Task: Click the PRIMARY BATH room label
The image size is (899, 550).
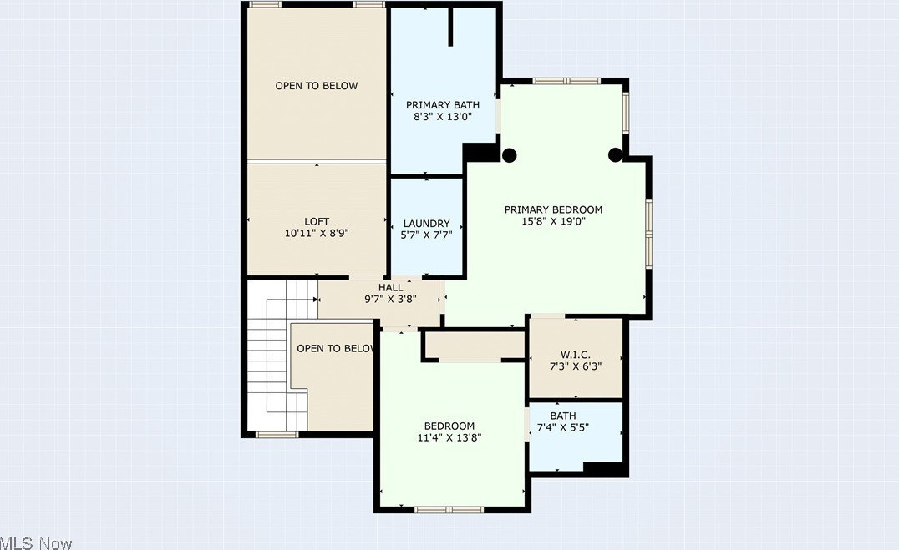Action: coord(443,105)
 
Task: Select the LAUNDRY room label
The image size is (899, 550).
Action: coord(427,224)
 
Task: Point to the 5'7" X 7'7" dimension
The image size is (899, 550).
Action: coord(427,235)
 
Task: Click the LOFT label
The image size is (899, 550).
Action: coord(317,222)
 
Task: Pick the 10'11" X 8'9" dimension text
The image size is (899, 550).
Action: coord(317,233)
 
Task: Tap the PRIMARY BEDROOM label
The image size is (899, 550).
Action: coord(553,209)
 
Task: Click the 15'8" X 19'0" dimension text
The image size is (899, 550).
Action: coord(553,222)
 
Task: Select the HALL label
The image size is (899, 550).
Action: coord(390,287)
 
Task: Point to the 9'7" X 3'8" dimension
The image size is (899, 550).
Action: coord(390,299)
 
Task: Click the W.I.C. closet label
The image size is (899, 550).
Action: coord(576,355)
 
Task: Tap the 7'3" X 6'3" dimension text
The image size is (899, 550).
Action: coord(576,366)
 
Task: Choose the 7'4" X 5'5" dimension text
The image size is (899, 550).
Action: coord(563,427)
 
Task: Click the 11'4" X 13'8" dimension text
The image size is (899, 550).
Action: coord(450,438)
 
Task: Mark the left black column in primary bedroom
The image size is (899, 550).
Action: coord(509,155)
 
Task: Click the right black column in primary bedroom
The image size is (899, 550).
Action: coord(615,154)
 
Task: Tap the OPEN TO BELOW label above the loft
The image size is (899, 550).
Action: coord(317,86)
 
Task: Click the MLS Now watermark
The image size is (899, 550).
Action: coord(36,543)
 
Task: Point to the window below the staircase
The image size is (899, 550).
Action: coord(277,435)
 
